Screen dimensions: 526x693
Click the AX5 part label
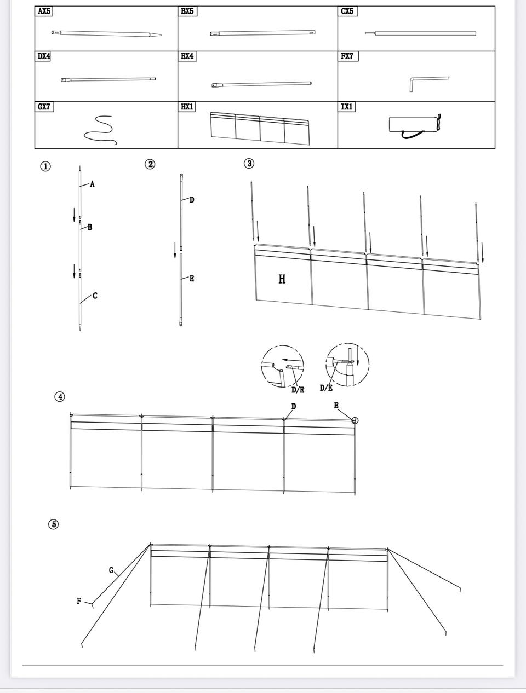pos(44,11)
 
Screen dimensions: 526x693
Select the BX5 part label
pos(187,11)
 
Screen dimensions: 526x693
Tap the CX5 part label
pos(347,11)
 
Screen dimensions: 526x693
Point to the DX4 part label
pos(44,56)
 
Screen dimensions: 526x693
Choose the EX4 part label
pos(187,56)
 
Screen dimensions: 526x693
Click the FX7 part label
pos(347,56)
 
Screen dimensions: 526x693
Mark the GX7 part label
pos(44,107)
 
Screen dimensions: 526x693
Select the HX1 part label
pos(187,107)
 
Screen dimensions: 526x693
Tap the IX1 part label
pos(347,107)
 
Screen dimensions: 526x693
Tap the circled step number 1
pos(45,166)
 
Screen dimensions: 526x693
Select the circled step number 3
pos(249,163)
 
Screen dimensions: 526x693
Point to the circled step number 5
pos(53,524)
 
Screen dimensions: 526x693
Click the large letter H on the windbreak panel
pos(282,279)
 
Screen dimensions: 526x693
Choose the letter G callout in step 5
pos(111,570)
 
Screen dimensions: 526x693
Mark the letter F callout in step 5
pos(79,601)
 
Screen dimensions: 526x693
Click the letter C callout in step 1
pos(95,296)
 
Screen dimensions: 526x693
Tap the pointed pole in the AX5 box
pos(107,33)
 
